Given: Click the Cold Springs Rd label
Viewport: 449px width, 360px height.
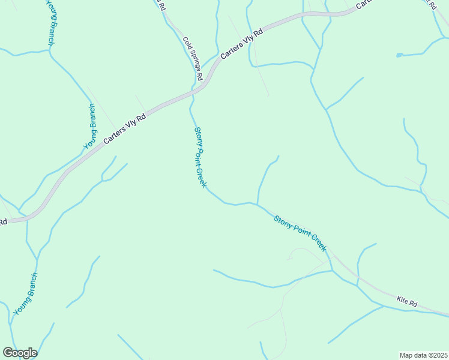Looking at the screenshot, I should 193,59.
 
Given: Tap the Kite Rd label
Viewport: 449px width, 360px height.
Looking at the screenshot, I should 407,301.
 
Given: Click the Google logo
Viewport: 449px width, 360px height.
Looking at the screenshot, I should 20,353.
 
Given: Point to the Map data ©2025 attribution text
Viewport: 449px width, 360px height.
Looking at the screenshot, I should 423,355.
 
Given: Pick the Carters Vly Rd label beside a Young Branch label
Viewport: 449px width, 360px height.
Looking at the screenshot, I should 125,129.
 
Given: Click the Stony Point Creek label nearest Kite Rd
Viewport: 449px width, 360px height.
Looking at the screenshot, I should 300,232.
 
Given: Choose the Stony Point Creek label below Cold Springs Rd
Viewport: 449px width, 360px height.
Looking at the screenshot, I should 200,157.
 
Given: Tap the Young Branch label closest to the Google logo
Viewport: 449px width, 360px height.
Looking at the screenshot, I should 25,294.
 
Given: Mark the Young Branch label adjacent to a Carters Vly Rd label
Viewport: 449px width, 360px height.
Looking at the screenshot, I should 89,127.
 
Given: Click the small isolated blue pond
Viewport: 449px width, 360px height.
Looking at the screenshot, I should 399,56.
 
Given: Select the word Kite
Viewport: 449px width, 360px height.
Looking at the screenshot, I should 402,299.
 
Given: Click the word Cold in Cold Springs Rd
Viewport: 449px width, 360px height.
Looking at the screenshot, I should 187,43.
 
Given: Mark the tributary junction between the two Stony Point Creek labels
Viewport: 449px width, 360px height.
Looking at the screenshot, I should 258,205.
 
